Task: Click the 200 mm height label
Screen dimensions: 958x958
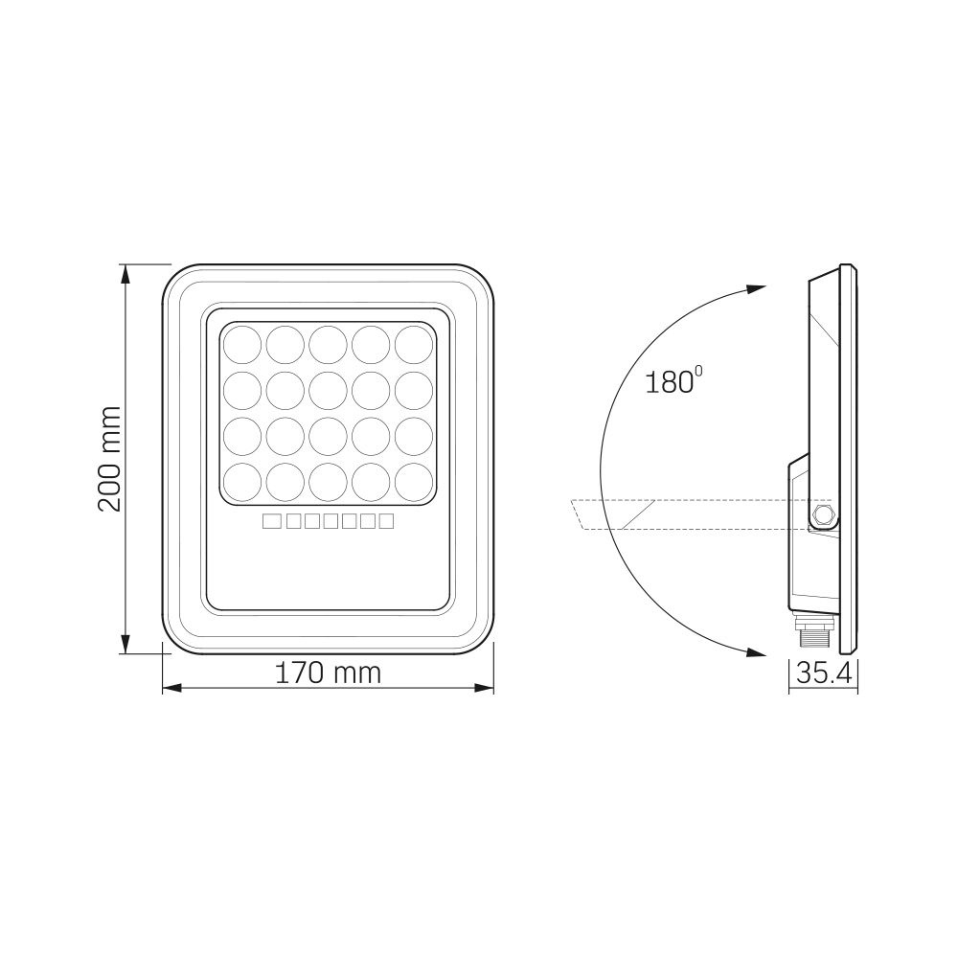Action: (x=112, y=458)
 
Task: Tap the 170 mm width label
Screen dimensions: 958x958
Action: (x=328, y=673)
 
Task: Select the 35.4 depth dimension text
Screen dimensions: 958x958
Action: (x=824, y=673)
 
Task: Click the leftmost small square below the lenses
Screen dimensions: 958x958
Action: (x=270, y=521)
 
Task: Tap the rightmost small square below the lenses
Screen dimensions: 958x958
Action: (x=386, y=521)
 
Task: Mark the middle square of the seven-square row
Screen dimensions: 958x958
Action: (x=328, y=521)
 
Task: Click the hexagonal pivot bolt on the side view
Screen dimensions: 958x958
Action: (x=822, y=516)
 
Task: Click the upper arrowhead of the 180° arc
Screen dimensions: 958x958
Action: (x=757, y=287)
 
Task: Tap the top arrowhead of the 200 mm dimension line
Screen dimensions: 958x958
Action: (x=125, y=273)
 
